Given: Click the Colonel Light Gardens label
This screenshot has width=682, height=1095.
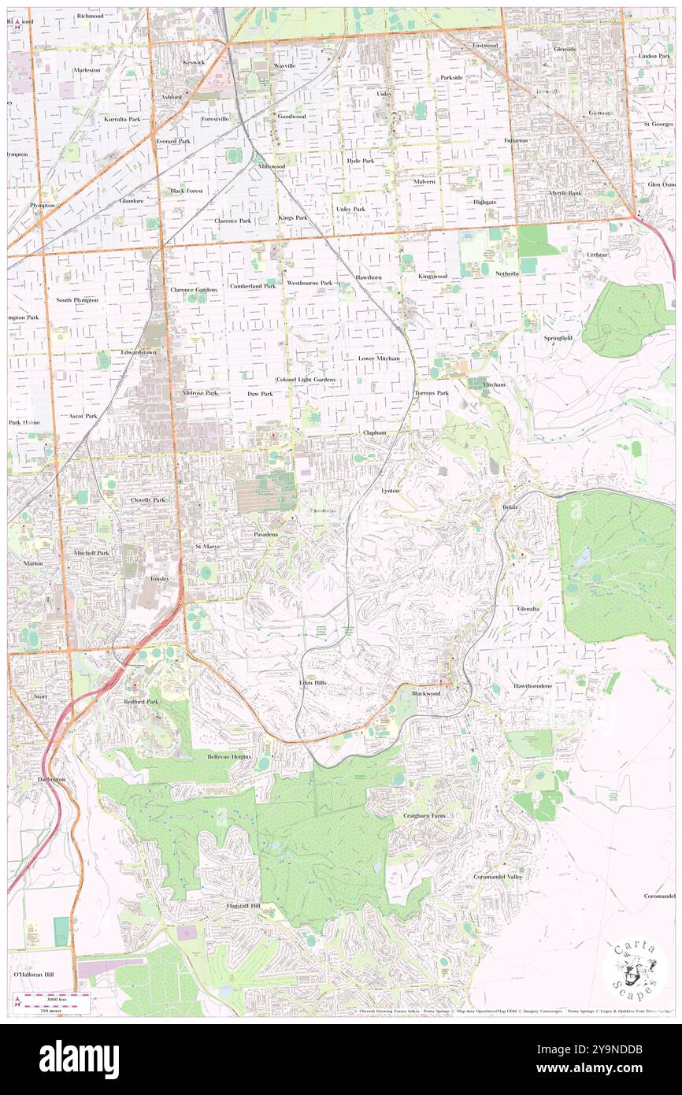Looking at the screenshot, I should click(x=306, y=380).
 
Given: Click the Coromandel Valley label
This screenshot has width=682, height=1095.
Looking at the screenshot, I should click(x=498, y=876).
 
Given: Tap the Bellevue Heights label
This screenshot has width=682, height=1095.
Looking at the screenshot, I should click(x=228, y=756).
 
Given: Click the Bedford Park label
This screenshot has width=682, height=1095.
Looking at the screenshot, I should click(x=141, y=700).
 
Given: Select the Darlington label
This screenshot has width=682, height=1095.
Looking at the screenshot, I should click(x=51, y=779).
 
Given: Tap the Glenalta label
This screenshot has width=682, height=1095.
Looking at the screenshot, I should click(x=528, y=609).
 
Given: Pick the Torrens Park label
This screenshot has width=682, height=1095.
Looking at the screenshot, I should click(x=432, y=392).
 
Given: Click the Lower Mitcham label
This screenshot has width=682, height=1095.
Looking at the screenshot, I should click(x=379, y=358).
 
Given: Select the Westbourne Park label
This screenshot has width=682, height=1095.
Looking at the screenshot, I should click(x=309, y=282).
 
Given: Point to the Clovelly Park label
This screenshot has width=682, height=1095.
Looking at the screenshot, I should click(x=148, y=499).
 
